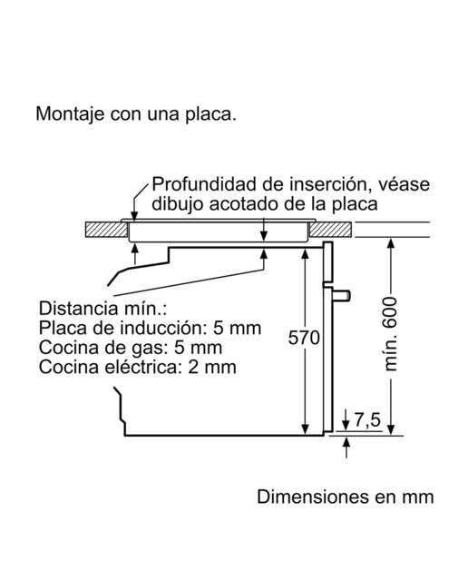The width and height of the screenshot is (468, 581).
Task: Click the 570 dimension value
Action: coord(304,338)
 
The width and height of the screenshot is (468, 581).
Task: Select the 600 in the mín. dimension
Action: coord(391,312)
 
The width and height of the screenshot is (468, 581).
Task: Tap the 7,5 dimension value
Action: coord(367,419)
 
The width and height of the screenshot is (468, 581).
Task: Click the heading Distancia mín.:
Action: coord(102,309)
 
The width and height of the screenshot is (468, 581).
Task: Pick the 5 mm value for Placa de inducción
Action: coord(237,328)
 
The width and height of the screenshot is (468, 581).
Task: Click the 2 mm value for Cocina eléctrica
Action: coord(212,367)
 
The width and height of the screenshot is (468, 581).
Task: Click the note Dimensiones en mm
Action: coord(345,497)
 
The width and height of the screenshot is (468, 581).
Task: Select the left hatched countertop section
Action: coord(106,230)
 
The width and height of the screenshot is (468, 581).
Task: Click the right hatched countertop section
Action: coord(330,230)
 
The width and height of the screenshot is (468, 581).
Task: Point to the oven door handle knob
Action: coord(341,295)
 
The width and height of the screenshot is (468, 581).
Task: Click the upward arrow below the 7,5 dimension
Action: coord(346,448)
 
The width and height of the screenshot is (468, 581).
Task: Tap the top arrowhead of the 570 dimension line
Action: coord(305,253)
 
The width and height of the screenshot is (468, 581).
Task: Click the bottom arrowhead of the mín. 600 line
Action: coord(391,429)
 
